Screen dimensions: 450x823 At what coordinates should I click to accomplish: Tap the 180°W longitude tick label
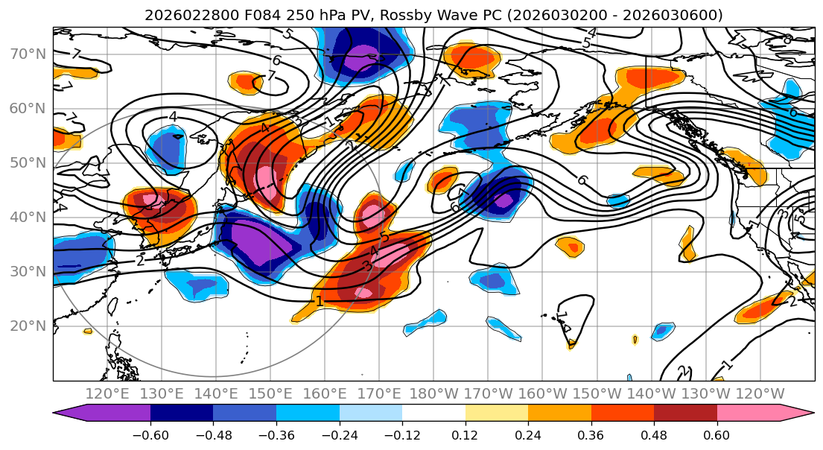coord(433,394)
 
